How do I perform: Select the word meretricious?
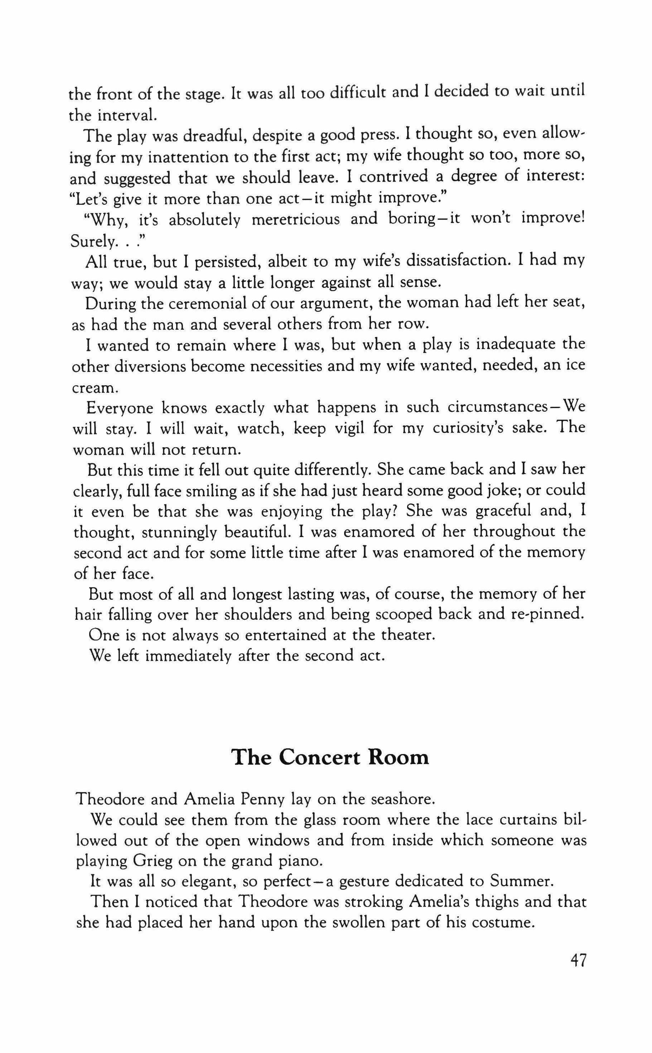click(295, 219)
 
